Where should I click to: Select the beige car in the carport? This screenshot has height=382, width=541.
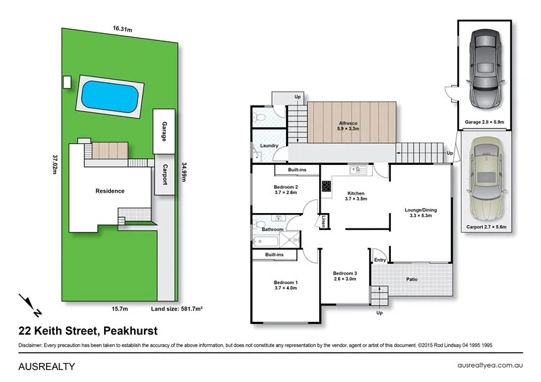click(x=485, y=179)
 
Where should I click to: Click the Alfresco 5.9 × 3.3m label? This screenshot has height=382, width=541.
click(x=349, y=126)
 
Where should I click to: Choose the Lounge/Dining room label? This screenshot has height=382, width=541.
click(x=421, y=213)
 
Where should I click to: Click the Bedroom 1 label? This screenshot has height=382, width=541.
click(x=285, y=285)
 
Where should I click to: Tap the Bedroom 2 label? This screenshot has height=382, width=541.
click(x=285, y=189)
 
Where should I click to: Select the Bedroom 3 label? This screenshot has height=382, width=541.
click(x=345, y=275)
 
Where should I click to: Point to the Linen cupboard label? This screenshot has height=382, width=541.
click(x=325, y=221)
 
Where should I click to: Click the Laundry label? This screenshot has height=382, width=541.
click(x=269, y=145)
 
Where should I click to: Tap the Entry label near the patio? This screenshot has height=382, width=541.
click(x=379, y=260)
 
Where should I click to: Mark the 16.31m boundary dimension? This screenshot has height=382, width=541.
click(x=122, y=28)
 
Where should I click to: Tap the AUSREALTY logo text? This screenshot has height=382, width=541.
click(x=45, y=366)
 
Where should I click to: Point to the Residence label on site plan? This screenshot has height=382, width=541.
click(x=109, y=191)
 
